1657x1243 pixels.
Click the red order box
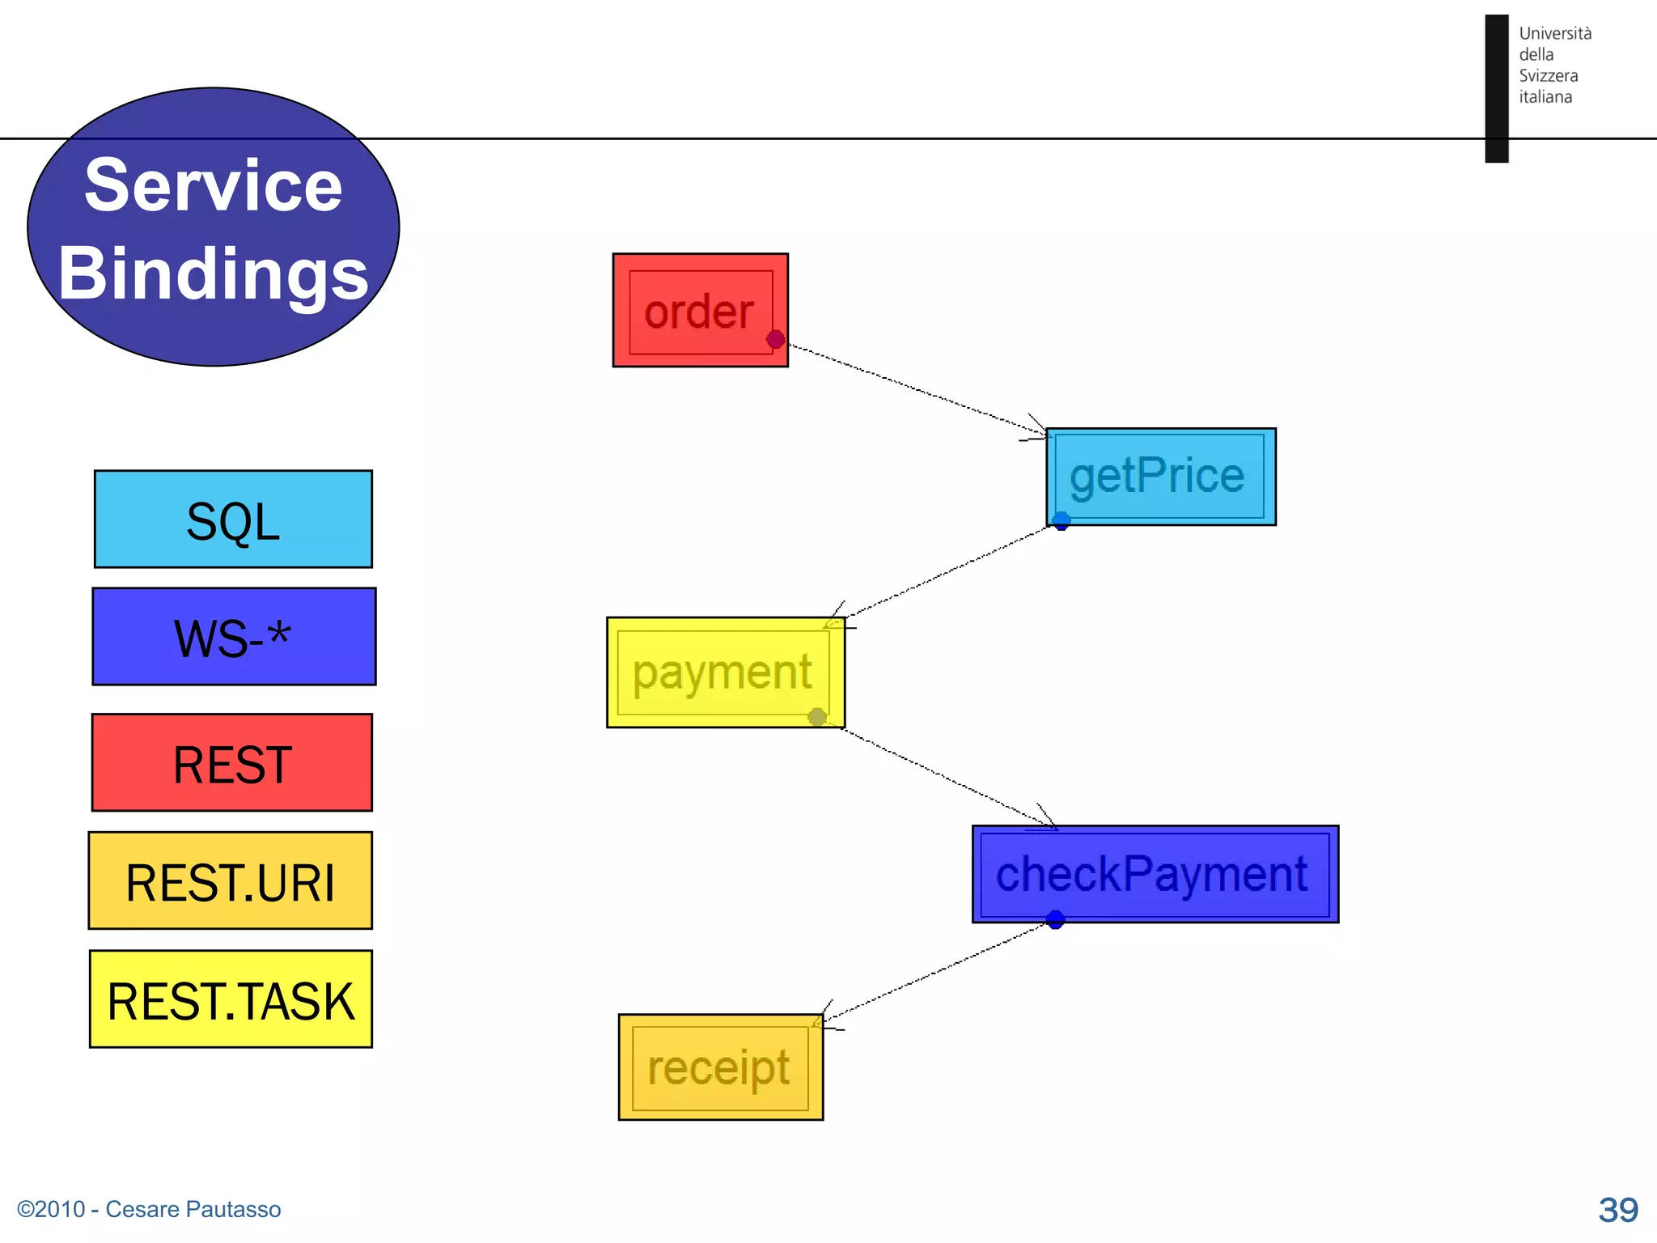pos(700,311)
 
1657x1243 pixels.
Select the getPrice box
pos(1160,477)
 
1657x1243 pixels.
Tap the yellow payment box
pos(725,672)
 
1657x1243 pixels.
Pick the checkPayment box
pos(1155,874)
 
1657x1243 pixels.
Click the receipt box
pos(720,1067)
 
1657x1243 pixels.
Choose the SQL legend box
pos(233,520)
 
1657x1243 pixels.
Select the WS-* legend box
pos(234,637)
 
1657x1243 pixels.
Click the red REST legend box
pos(232,762)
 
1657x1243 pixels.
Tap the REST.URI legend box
pos(231,880)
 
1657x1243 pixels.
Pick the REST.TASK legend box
pos(231,999)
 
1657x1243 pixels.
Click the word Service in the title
pos(214,186)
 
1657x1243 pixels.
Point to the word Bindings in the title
pos(214,274)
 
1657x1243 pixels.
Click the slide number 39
pos(1617,1210)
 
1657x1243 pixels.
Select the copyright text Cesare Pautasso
pos(149,1209)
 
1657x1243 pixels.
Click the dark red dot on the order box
pos(775,339)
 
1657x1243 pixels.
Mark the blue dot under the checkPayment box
pos(1055,920)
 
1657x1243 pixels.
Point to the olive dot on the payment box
pos(817,717)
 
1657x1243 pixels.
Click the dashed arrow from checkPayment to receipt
pos(939,970)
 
